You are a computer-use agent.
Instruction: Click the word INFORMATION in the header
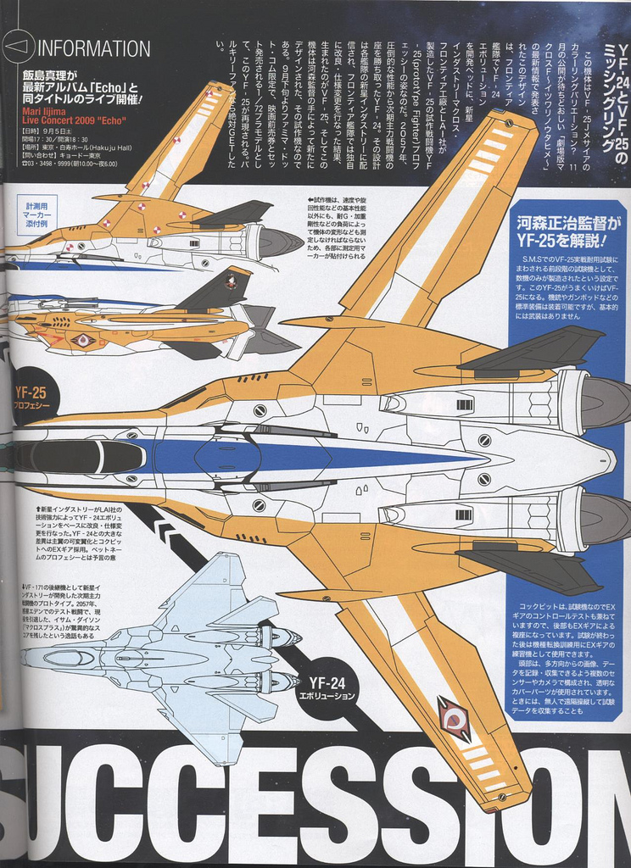tap(95, 48)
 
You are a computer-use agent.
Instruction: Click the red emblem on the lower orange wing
tap(456, 720)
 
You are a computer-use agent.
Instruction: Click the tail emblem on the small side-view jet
tap(230, 282)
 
